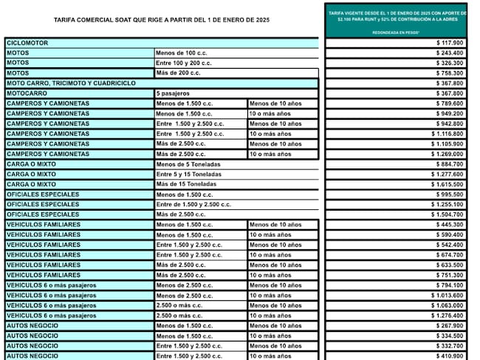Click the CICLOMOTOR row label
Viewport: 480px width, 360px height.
tap(27, 43)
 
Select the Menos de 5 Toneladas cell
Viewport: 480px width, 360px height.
tap(187, 163)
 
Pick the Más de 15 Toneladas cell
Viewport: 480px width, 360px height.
tap(185, 184)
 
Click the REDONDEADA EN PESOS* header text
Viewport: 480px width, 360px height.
tap(396, 33)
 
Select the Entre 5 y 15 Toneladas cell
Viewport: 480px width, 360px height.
tap(188, 174)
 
